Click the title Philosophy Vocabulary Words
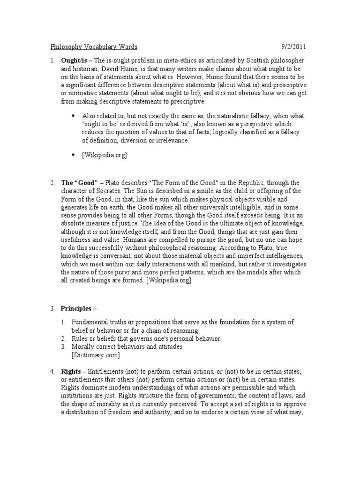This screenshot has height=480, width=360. [x=94, y=47]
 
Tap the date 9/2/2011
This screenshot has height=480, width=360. [x=294, y=47]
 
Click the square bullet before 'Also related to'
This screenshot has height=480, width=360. [x=73, y=115]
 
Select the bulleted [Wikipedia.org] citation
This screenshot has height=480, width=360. [x=105, y=154]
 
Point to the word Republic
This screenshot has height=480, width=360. [x=240, y=182]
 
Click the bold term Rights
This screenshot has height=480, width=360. [x=71, y=371]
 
